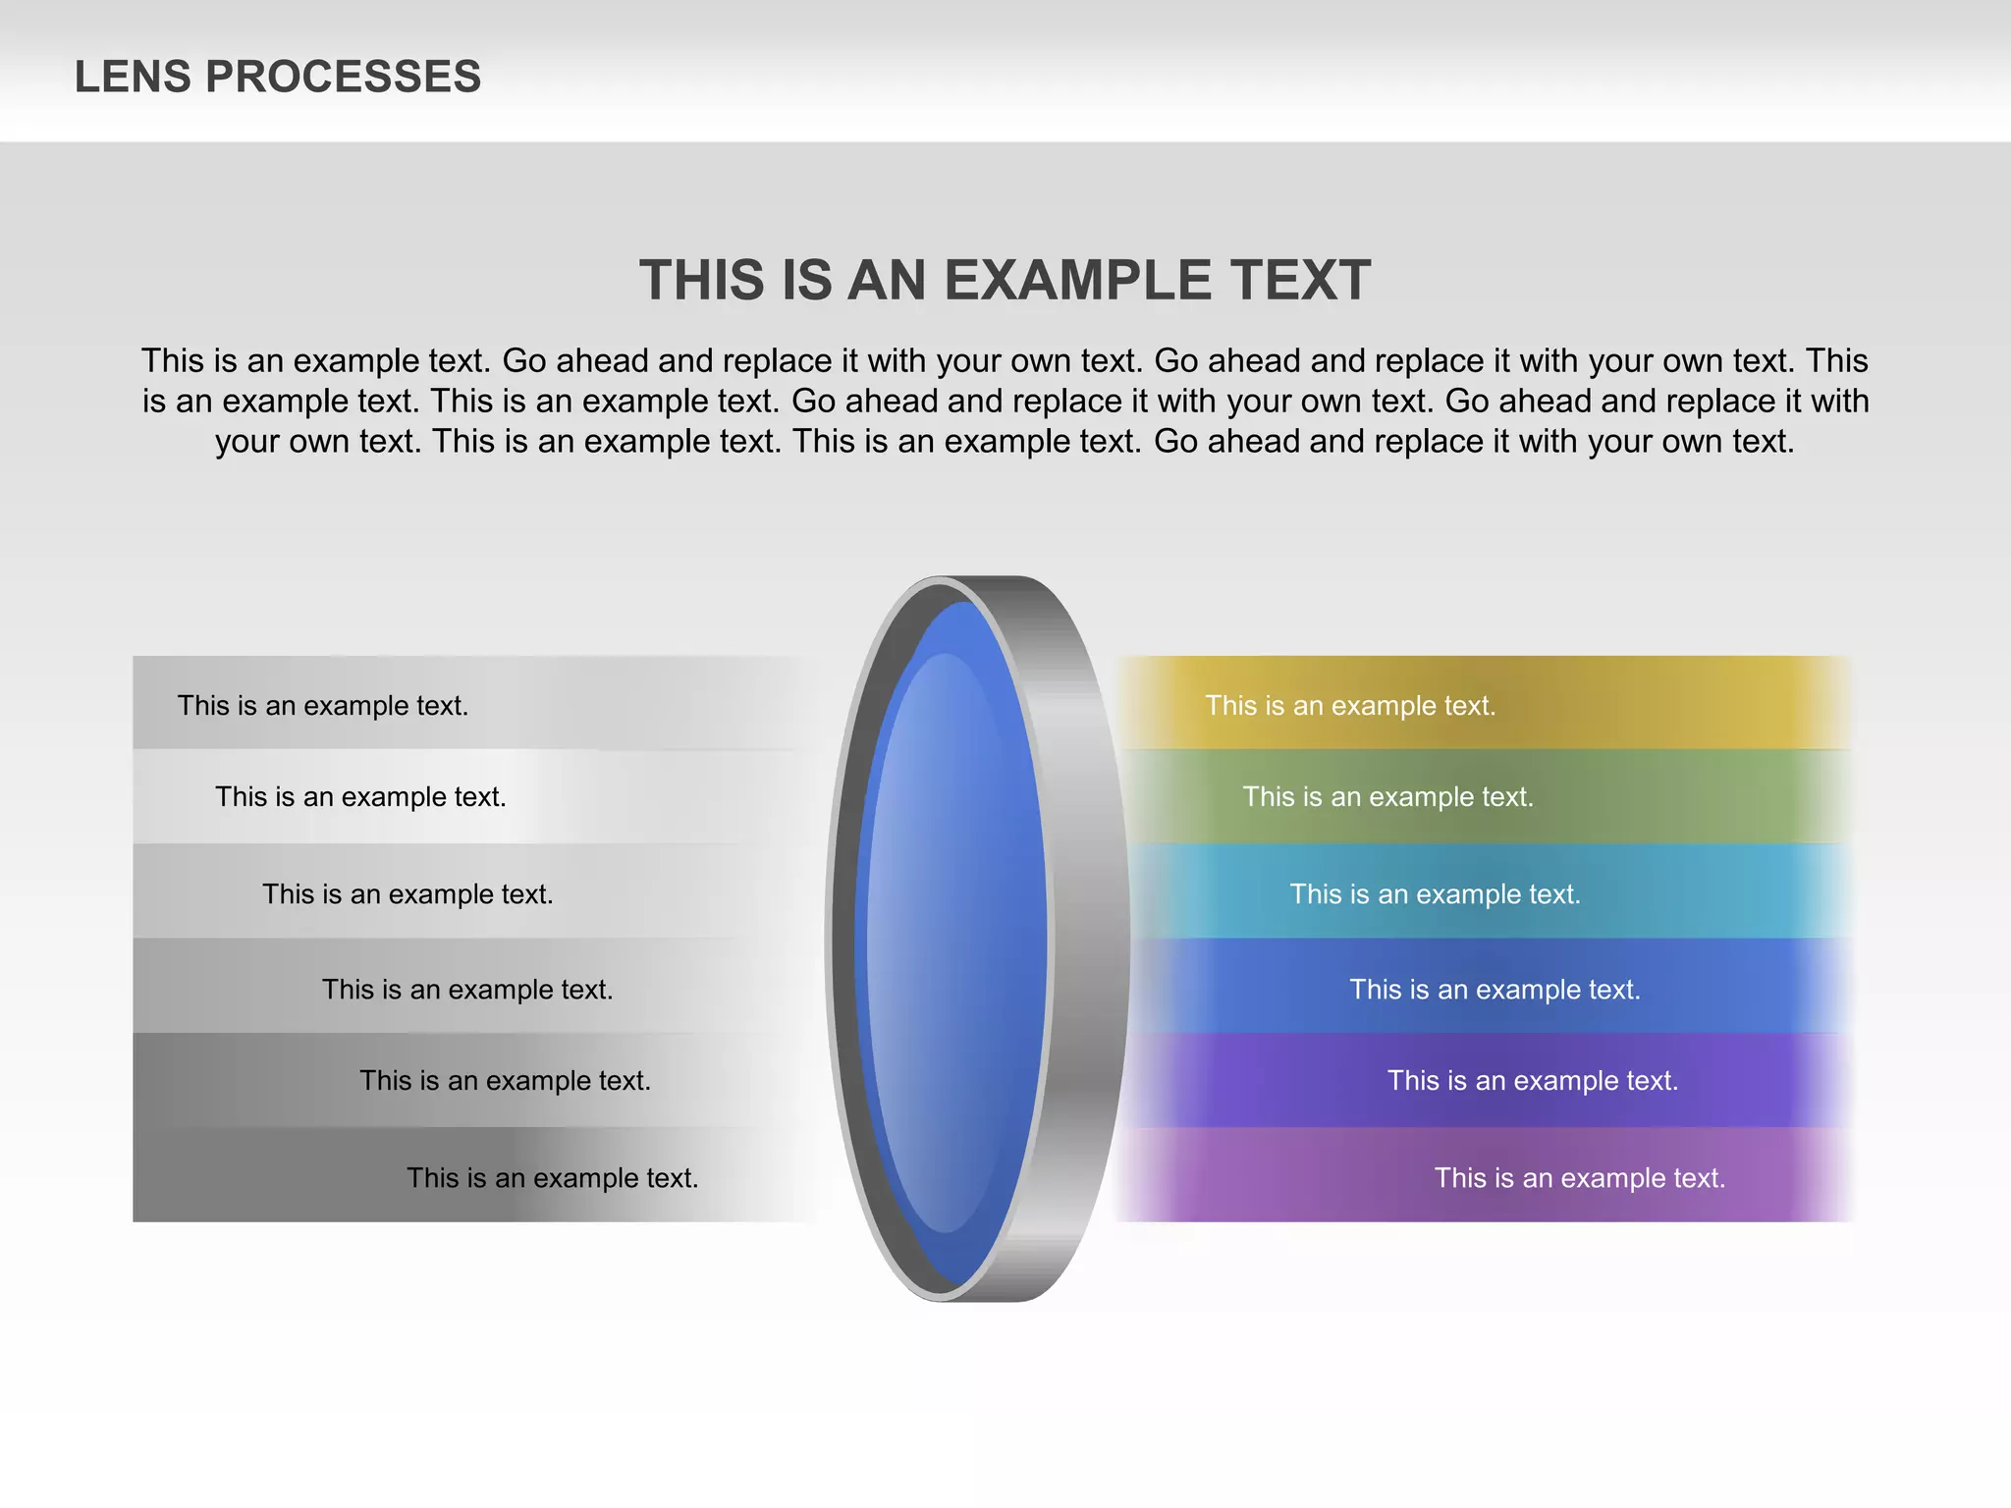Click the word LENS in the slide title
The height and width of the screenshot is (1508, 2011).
tap(133, 77)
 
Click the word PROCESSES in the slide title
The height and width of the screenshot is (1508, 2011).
tap(343, 77)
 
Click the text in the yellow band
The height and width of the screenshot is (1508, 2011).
tap(1350, 706)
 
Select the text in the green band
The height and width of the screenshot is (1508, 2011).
tap(1387, 797)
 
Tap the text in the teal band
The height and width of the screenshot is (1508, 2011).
tap(1435, 894)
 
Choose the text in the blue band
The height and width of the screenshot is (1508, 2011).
tap(1495, 990)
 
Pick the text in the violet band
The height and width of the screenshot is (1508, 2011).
tap(1532, 1081)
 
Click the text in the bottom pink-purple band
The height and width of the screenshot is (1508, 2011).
tap(1579, 1178)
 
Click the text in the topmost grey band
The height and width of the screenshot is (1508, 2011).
tap(322, 706)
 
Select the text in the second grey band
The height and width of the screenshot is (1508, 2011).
tap(360, 797)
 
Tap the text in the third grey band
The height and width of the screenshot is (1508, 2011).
tap(408, 894)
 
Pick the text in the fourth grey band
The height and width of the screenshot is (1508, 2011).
tap(467, 990)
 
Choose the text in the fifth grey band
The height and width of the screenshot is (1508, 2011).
tap(505, 1081)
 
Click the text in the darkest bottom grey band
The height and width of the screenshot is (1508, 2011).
tap(552, 1178)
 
